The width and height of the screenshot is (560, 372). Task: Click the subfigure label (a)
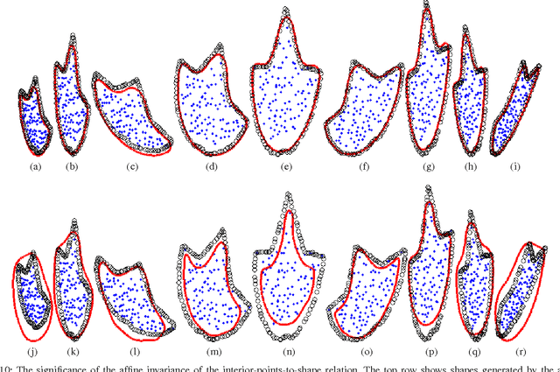coord(35,165)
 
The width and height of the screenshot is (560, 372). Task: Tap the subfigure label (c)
coord(133,165)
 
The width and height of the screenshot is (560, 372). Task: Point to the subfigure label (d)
coord(212,165)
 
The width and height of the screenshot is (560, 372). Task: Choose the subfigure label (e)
coord(286,165)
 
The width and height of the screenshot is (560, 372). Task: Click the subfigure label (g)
coord(428,165)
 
